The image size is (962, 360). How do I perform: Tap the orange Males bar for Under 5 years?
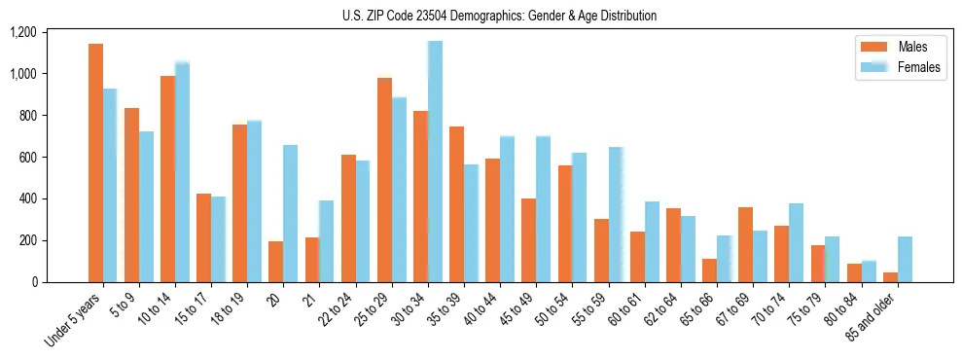[95, 162]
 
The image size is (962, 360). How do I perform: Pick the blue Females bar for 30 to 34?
[435, 162]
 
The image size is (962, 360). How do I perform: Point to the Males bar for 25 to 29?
[384, 180]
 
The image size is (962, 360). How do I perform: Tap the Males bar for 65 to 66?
[709, 270]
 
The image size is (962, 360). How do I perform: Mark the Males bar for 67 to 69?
[745, 244]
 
